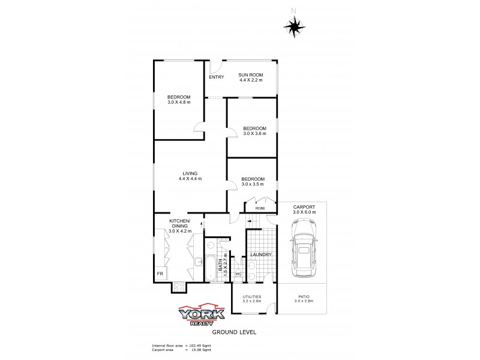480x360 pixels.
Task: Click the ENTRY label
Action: coord(216,77)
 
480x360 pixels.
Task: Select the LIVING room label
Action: coord(190,173)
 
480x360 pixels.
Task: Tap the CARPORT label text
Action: coord(304,208)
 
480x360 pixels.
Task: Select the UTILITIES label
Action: coord(251,297)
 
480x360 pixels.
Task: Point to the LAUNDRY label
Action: coord(260,255)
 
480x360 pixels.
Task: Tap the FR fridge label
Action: coord(160,274)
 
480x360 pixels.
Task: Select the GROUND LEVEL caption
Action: coord(231,331)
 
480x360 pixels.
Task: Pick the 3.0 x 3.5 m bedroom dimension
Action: coord(253,184)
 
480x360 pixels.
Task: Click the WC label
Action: coord(238,274)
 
